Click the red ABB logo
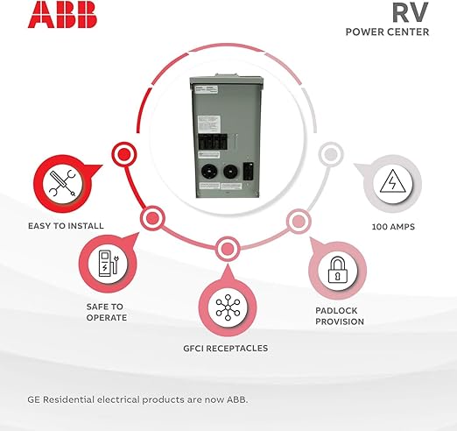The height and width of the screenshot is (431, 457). pyautogui.click(x=62, y=14)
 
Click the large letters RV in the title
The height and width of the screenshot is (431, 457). pyautogui.click(x=411, y=12)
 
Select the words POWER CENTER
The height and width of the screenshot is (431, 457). pyautogui.click(x=387, y=32)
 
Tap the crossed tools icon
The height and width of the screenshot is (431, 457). pyautogui.click(x=63, y=183)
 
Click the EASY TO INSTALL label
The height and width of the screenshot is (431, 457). pyautogui.click(x=66, y=226)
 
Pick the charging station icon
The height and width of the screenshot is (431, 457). pyautogui.click(x=109, y=264)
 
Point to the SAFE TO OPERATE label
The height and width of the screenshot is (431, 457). pyautogui.click(x=107, y=312)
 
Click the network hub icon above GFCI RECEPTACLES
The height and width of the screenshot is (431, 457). pyautogui.click(x=228, y=307)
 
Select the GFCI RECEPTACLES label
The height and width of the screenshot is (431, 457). pyautogui.click(x=226, y=348)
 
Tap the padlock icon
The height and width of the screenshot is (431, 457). pyautogui.click(x=338, y=270)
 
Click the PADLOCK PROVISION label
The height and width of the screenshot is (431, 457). pyautogui.click(x=340, y=316)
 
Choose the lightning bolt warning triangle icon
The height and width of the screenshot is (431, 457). pyautogui.click(x=392, y=181)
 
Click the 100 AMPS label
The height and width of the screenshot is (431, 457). pyautogui.click(x=393, y=227)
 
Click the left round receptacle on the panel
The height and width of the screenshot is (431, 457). pyautogui.click(x=209, y=172)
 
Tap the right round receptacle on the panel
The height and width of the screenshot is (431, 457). pyautogui.click(x=230, y=172)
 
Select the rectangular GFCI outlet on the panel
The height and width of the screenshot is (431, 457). pyautogui.click(x=249, y=172)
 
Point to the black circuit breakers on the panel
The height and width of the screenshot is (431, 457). pyautogui.click(x=213, y=142)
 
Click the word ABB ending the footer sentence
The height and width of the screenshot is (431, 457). pyautogui.click(x=237, y=399)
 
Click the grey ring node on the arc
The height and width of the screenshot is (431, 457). pyautogui.click(x=331, y=154)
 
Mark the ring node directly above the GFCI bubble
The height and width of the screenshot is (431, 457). pyautogui.click(x=228, y=249)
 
